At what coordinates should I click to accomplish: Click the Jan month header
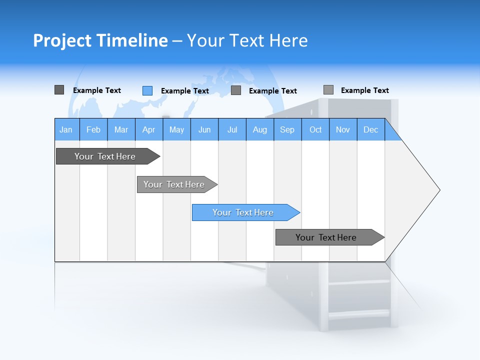(x=66, y=129)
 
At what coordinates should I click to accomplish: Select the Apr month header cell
(x=148, y=129)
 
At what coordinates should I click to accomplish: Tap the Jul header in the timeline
(x=232, y=129)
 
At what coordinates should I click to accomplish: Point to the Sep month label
(x=287, y=129)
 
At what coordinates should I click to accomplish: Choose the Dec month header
(x=370, y=129)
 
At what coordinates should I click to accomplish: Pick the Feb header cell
(x=93, y=129)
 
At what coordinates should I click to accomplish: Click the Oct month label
(x=315, y=129)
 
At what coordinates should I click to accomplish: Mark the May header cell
(x=176, y=129)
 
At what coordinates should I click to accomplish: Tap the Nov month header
(x=343, y=129)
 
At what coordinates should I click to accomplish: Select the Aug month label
(x=260, y=129)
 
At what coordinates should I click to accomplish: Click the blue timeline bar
(x=243, y=212)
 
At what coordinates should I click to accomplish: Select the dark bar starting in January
(x=105, y=156)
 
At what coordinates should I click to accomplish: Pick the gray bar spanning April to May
(x=174, y=184)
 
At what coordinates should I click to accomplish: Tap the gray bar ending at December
(x=326, y=237)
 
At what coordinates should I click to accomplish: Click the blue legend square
(x=147, y=90)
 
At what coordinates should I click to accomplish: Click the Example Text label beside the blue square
(x=185, y=91)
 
